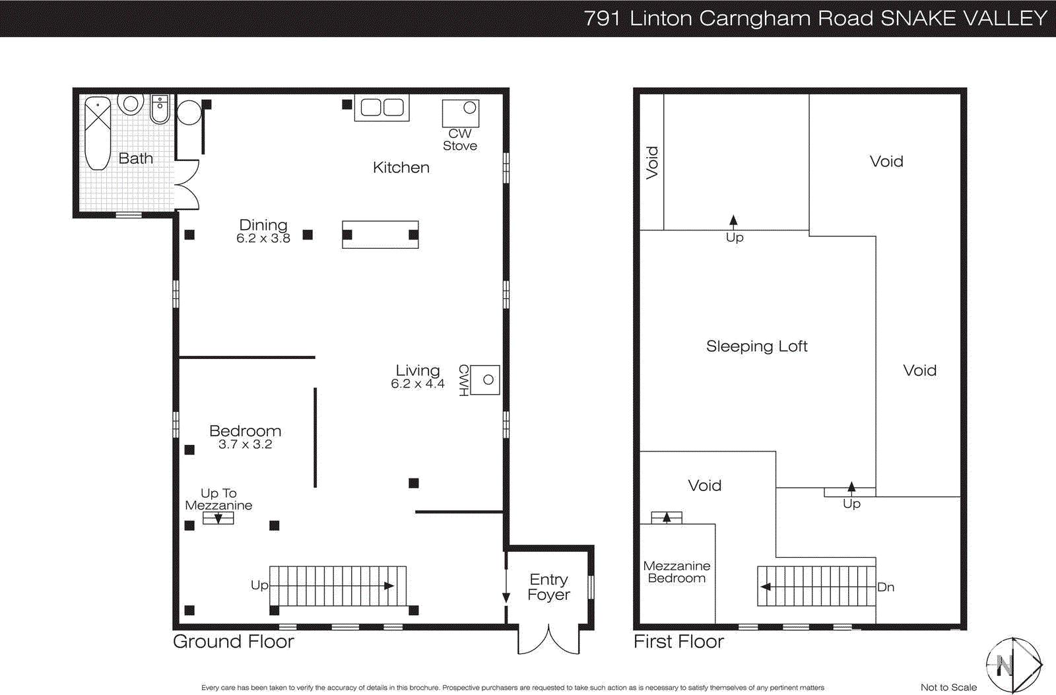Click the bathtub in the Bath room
98,133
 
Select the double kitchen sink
381,108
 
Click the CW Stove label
460,140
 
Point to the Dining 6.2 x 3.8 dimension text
263,238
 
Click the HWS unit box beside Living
485,380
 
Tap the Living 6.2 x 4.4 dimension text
417,383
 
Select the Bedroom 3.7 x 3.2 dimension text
245,444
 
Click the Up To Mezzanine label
218,499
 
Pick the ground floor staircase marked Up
338,585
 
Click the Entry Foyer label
548,587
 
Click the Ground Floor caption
233,642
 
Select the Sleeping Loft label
756,347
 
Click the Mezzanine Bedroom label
676,572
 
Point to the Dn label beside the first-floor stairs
886,587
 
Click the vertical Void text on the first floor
652,162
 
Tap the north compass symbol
1013,665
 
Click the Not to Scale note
948,687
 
